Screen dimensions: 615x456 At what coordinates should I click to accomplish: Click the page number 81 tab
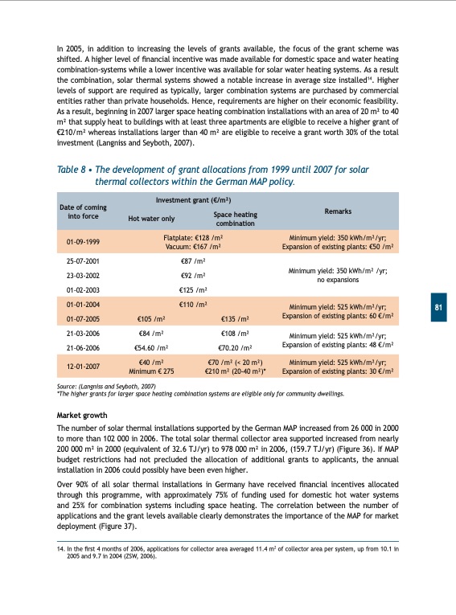tap(438, 308)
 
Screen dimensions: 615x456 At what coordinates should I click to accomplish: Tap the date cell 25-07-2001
tap(83, 261)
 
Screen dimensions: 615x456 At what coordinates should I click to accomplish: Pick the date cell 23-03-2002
tap(83, 275)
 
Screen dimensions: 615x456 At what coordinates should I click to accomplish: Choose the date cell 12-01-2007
tap(83, 367)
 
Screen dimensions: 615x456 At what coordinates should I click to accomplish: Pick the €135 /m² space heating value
tap(235, 320)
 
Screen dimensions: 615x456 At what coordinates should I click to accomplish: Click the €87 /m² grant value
tap(193, 261)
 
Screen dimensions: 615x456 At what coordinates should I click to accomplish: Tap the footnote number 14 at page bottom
tap(61, 548)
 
